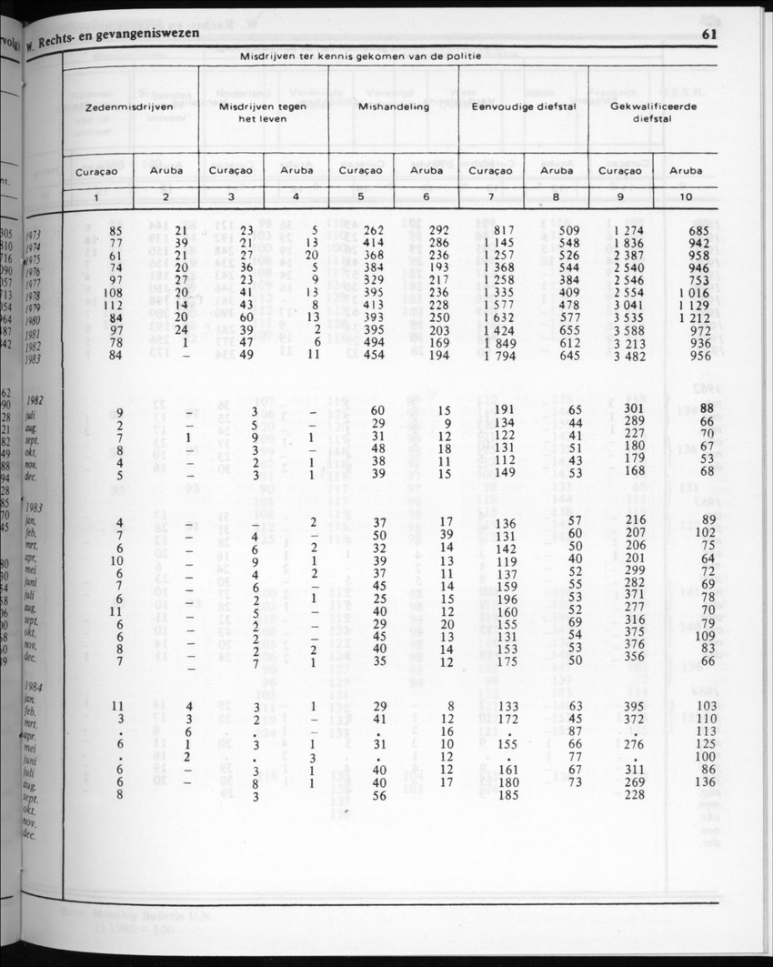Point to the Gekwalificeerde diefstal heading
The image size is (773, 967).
[x=653, y=112]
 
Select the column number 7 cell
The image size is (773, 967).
[x=491, y=196]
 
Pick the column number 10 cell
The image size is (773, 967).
[x=686, y=196]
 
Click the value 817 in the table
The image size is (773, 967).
[x=504, y=230]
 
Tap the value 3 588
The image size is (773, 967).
[x=630, y=330]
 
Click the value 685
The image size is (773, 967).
[x=698, y=230]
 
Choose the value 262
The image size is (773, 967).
[x=375, y=230]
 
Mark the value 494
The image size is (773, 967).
[x=375, y=343]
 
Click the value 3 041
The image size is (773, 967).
[x=630, y=306]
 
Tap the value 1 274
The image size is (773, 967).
[x=630, y=230]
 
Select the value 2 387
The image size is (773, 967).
[x=630, y=256]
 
